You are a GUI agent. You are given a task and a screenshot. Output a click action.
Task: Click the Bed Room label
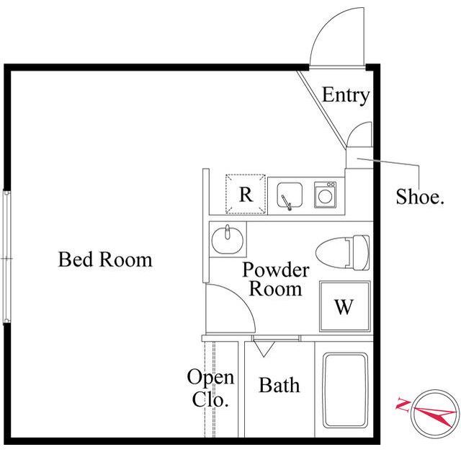pos(105,260)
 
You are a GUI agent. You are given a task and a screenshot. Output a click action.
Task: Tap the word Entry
pos(346,95)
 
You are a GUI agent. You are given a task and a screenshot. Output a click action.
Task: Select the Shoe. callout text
pos(419,197)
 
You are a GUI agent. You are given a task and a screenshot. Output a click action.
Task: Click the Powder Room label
pos(275,279)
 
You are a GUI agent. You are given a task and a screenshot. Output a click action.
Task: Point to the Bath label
pos(279,385)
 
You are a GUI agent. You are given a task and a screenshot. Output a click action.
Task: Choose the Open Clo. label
pos(210,388)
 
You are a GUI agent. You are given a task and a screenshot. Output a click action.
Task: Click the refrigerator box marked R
pos(246,194)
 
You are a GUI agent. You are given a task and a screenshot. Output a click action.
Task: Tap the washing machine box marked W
pos(344,306)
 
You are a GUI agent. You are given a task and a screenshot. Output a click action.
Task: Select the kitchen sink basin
pos(290,195)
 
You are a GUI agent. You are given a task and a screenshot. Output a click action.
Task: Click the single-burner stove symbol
pos(325,195)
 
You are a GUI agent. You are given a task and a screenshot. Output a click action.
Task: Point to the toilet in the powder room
pos(343,252)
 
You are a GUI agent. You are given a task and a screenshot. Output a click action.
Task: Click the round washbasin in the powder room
pos(228,240)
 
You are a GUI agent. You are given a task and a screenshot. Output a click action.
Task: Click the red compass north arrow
pos(434,415)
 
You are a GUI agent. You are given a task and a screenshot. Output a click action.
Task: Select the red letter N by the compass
pos(402,404)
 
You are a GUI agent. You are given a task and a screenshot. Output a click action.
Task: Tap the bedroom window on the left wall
pos(6,257)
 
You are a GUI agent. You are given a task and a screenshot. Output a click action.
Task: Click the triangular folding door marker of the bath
pos(264,349)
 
